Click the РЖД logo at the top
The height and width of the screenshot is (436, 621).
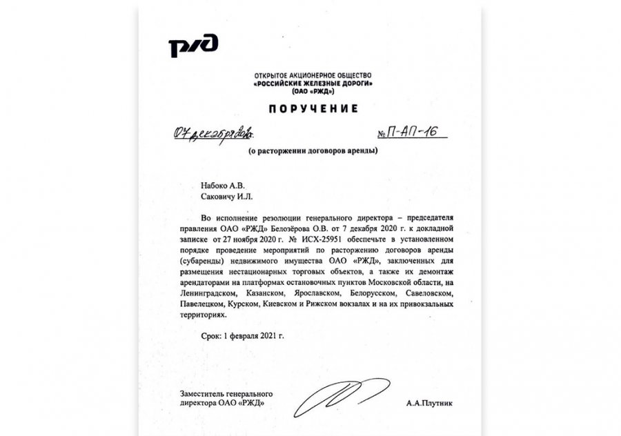[x=193, y=46]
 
